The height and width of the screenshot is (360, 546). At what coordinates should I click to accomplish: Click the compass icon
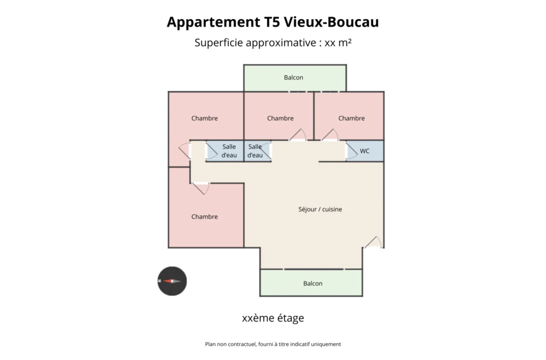(172, 281)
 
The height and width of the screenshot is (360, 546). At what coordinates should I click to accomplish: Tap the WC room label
(365, 151)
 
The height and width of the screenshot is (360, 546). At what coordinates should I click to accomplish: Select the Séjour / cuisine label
(320, 209)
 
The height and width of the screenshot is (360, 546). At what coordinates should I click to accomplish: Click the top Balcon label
(294, 77)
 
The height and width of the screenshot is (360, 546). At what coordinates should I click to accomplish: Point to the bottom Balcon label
(312, 283)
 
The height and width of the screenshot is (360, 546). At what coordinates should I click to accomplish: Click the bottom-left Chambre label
(204, 217)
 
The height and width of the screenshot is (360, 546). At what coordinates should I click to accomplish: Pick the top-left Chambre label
(204, 118)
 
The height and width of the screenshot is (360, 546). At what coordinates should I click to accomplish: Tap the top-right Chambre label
(351, 118)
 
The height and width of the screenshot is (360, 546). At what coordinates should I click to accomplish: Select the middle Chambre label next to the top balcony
(280, 118)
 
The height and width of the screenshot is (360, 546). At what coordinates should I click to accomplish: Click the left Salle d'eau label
(229, 151)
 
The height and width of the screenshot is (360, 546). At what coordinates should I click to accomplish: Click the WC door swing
(351, 151)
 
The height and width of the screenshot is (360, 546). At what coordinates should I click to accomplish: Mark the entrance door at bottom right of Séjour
(373, 242)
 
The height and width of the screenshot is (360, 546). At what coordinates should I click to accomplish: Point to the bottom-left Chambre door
(201, 188)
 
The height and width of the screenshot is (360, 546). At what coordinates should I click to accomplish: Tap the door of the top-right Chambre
(330, 135)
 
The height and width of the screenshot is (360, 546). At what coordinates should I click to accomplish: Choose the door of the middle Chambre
(298, 135)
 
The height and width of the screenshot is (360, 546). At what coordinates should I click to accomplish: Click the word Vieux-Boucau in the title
(332, 22)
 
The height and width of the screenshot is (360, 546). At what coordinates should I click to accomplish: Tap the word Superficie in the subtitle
(219, 43)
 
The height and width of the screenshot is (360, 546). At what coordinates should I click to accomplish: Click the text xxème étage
(273, 318)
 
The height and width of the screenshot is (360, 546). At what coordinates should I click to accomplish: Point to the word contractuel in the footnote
(242, 345)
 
